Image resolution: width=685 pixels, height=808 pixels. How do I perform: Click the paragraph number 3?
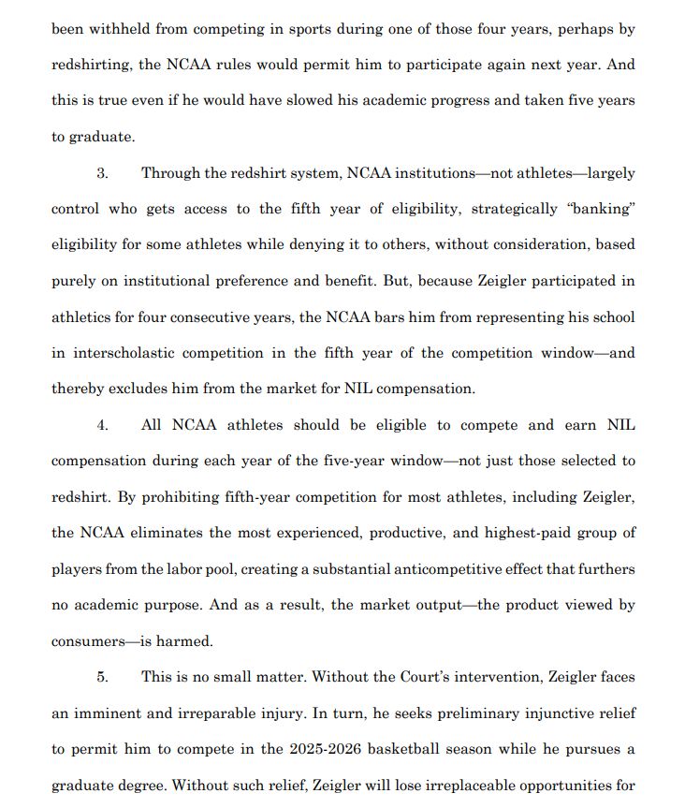click(102, 173)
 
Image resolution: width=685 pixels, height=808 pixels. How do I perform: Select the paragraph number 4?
click(102, 425)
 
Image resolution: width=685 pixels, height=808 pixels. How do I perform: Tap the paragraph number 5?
click(102, 677)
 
